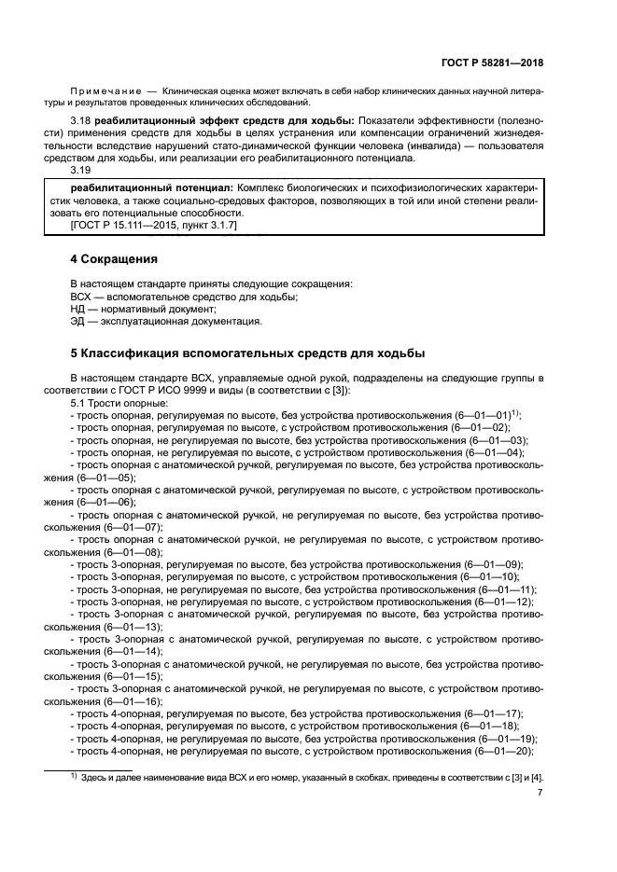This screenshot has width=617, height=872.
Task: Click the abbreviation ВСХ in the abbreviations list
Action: (x=82, y=297)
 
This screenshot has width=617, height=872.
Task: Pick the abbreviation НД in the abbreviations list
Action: (x=79, y=309)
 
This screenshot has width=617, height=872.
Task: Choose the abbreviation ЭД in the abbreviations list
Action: (x=79, y=322)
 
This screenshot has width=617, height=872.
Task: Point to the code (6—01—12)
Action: (x=503, y=602)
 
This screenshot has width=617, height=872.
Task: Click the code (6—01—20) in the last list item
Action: (x=503, y=751)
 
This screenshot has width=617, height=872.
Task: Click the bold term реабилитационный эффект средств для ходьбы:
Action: (x=220, y=122)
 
